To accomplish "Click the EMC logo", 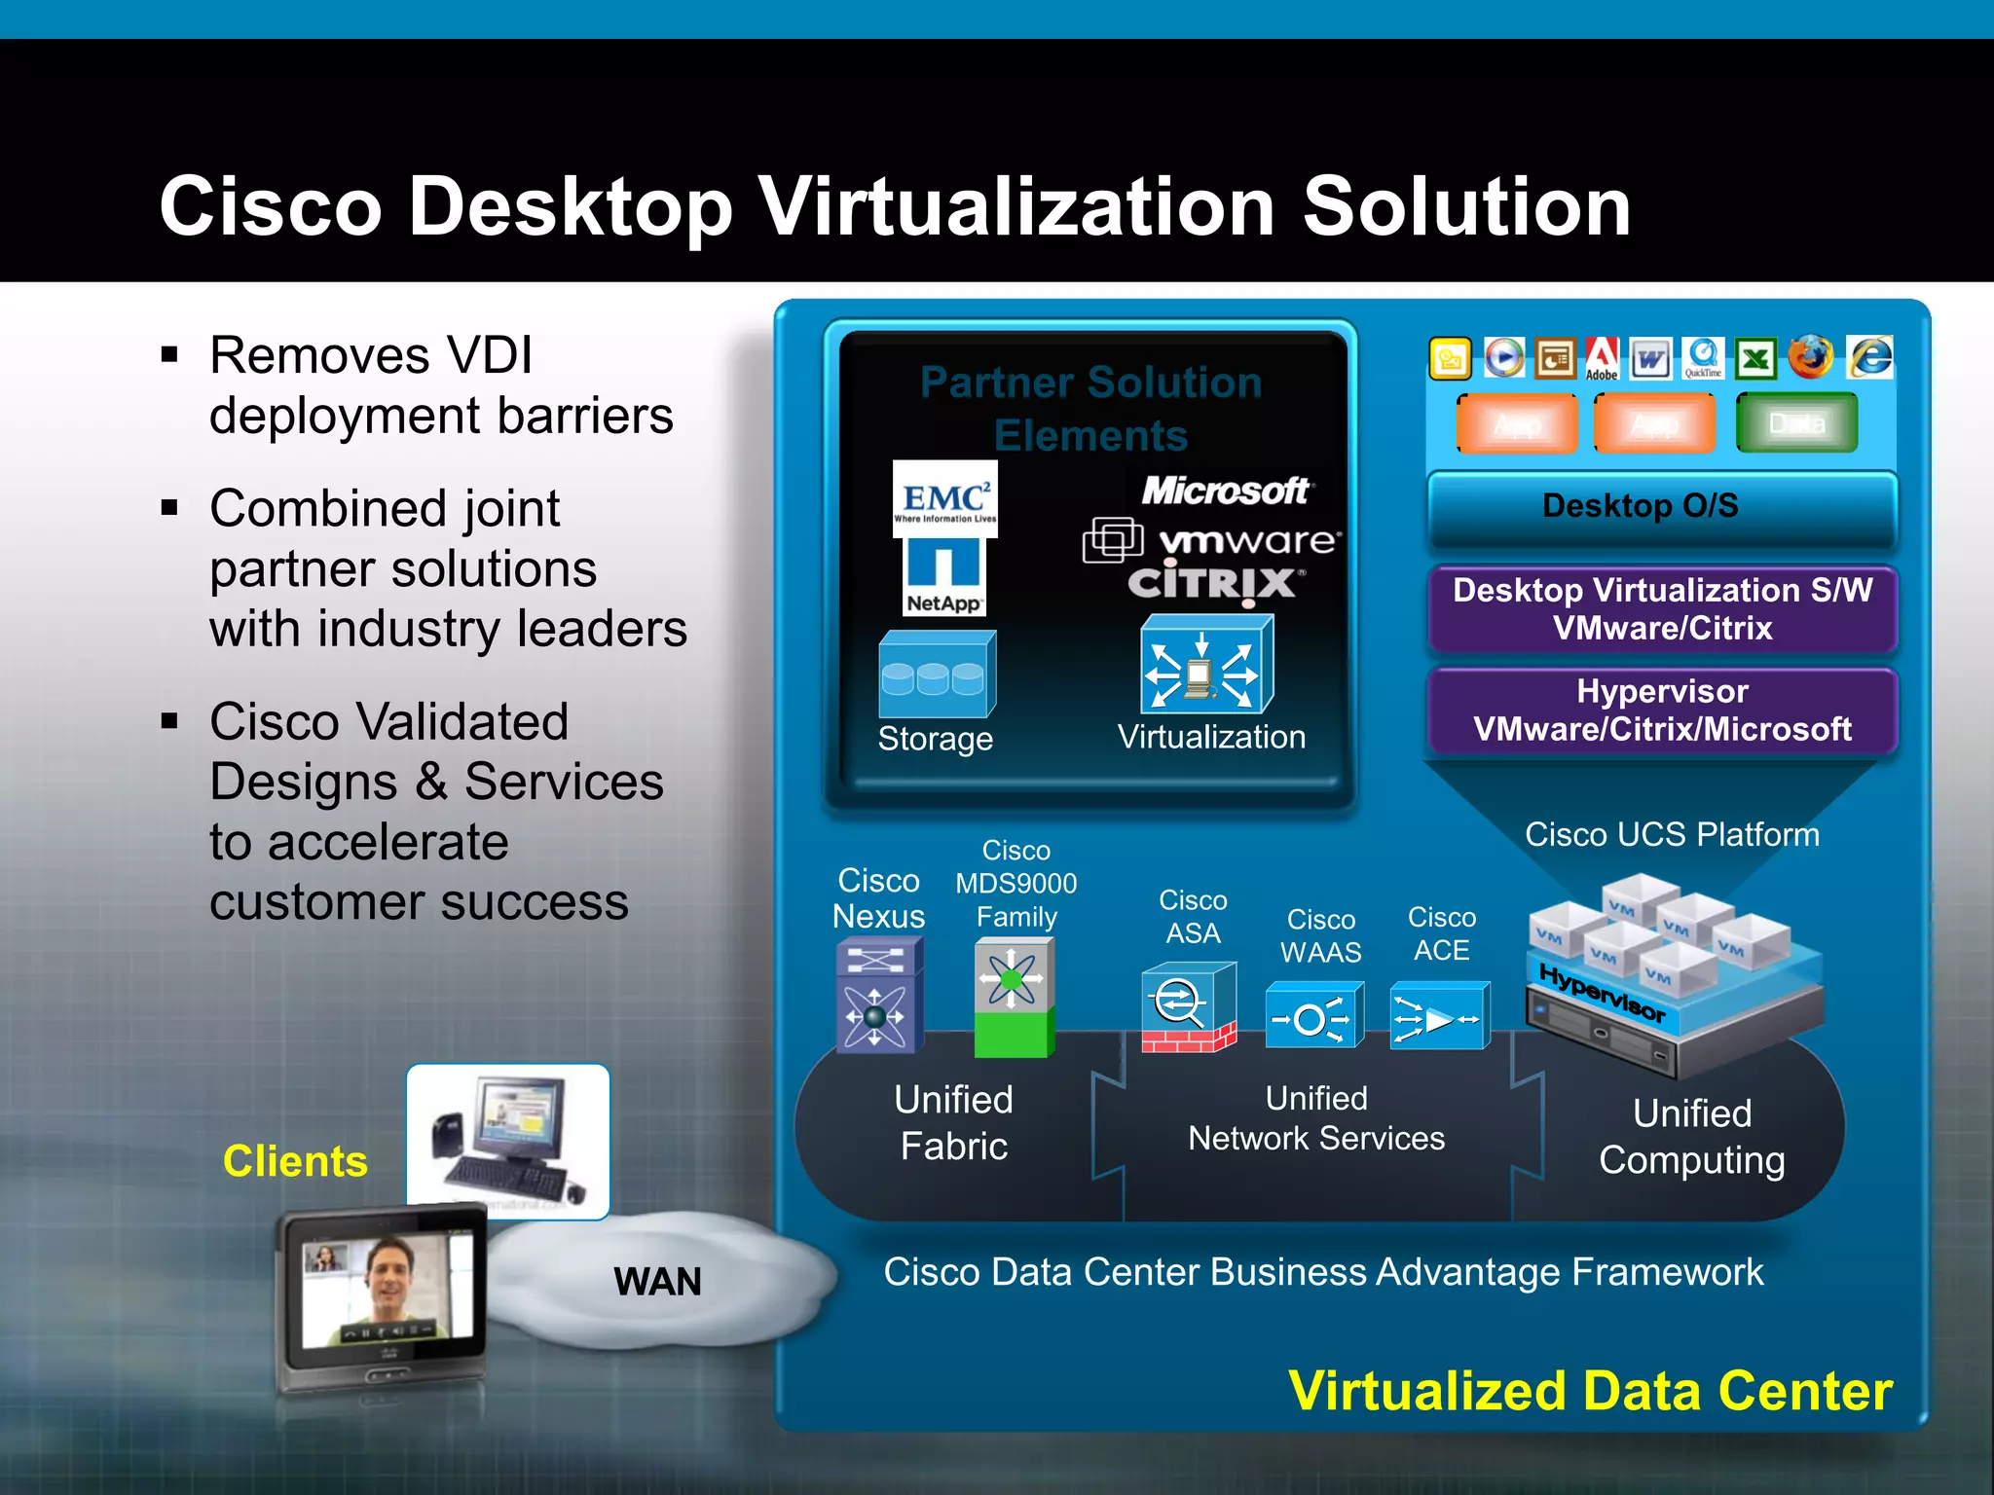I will (944, 498).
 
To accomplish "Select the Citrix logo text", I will (1212, 584).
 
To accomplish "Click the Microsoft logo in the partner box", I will (1226, 492).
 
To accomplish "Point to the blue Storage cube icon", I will (937, 675).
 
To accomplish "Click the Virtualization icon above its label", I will (1205, 666).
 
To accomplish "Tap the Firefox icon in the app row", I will (1811, 357).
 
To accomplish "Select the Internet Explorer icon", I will (1870, 357).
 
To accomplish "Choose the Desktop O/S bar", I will (1661, 507).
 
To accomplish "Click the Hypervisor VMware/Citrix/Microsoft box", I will (1661, 711).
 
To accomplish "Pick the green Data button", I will (1796, 423).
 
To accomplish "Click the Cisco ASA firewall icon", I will (1188, 1007).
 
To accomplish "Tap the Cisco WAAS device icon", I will (1313, 1016).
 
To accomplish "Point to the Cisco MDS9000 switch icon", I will (1014, 998).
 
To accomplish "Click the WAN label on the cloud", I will (657, 1282).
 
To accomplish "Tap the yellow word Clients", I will (295, 1161).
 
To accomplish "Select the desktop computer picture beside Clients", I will (507, 1140).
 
